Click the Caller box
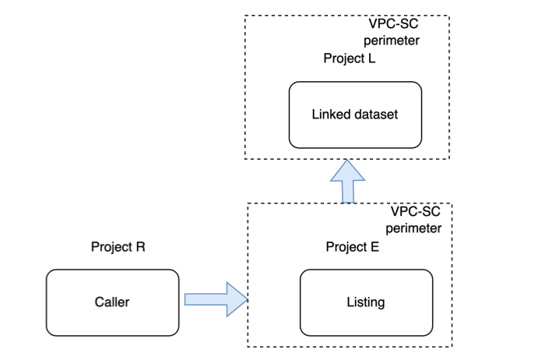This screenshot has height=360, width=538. click(x=112, y=302)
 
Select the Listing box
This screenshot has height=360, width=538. click(x=366, y=302)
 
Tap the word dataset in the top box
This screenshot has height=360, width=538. click(x=377, y=115)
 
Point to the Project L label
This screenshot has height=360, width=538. click(x=350, y=59)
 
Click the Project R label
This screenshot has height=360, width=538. click(x=118, y=247)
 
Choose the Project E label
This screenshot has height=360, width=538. click(x=353, y=247)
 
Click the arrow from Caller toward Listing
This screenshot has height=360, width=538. click(x=214, y=300)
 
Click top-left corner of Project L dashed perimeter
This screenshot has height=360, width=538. click(x=244, y=16)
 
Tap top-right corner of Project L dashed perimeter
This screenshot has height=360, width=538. click(x=449, y=16)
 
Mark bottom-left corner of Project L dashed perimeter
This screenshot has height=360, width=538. click(x=244, y=159)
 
